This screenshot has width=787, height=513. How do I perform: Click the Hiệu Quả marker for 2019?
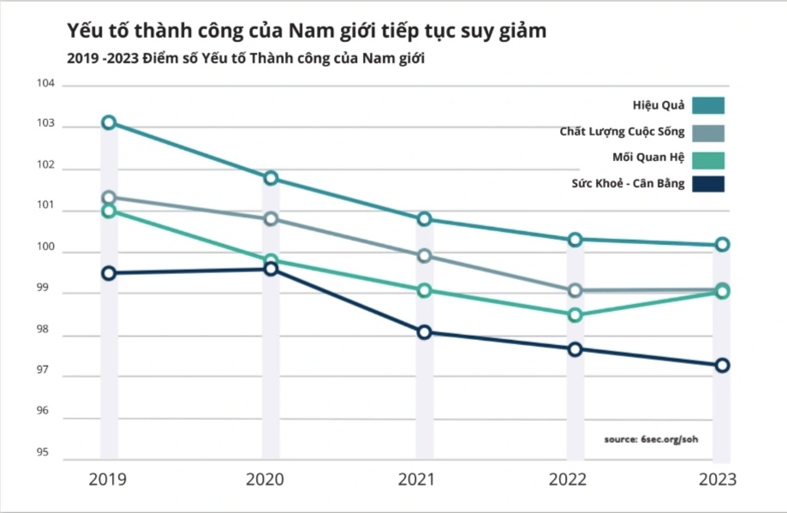coord(109,122)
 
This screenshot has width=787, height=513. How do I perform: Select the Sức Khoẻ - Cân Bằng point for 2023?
coord(722,366)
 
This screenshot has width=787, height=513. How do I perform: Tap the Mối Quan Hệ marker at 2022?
coord(575,315)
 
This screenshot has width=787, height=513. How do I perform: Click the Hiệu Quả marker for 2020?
coord(271,178)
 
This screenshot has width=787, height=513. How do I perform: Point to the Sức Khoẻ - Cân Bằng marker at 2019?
coord(109,273)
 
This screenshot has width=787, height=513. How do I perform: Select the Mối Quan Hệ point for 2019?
coord(109,211)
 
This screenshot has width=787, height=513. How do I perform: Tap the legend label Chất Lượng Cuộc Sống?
coord(622,132)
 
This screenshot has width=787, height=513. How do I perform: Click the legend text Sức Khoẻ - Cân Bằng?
coord(628,183)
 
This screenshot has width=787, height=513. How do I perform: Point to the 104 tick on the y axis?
coord(45,84)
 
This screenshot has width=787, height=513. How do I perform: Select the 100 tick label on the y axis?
coord(45,248)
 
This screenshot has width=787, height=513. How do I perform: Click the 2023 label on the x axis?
coord(717,480)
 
